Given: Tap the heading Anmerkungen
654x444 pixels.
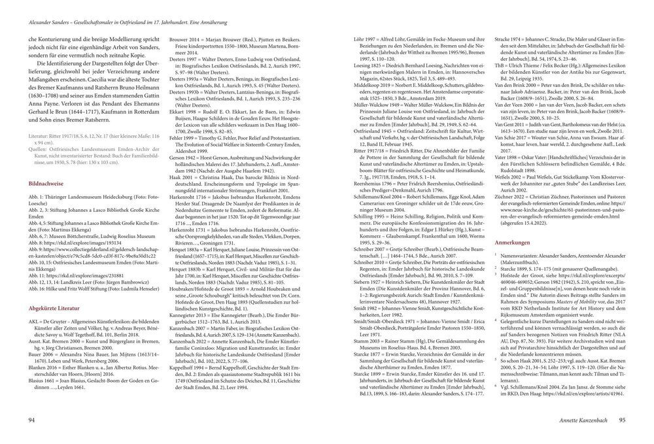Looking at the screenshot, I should pyautogui.click(x=506, y=242).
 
